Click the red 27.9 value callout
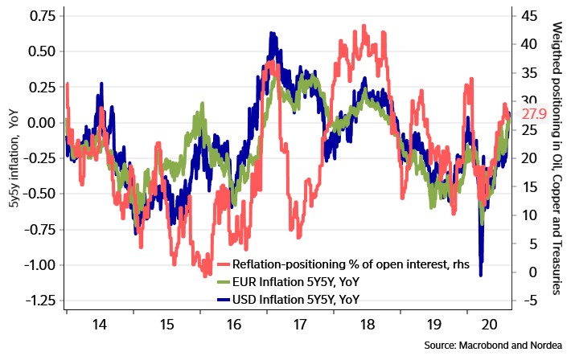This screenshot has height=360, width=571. pyautogui.click(x=533, y=114)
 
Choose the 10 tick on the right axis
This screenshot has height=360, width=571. pyautogui.click(x=528, y=215)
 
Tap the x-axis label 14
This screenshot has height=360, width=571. pyautogui.click(x=100, y=325)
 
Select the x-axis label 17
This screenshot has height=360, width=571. pyautogui.click(x=299, y=325)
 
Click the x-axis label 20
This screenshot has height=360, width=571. pyautogui.click(x=487, y=325)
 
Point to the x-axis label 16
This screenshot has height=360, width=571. pyautogui.click(x=233, y=325)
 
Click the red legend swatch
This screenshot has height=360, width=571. pyautogui.click(x=224, y=264)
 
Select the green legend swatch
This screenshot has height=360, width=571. pyautogui.click(x=224, y=282)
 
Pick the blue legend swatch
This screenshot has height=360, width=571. pyautogui.click(x=224, y=300)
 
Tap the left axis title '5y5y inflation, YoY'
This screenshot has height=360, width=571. pyautogui.click(x=14, y=161)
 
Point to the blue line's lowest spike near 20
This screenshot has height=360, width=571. pyautogui.click(x=480, y=276)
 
